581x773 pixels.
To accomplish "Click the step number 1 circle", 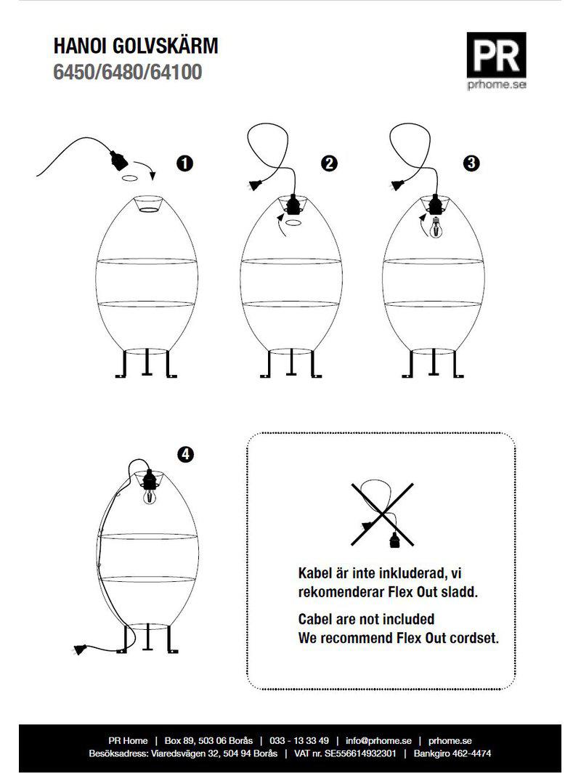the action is click(x=184, y=163).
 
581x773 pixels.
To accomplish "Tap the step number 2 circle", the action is click(x=329, y=163).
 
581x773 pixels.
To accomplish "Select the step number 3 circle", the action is click(x=471, y=163).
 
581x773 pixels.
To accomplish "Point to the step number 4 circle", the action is click(x=185, y=454).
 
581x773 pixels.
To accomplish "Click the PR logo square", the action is click(x=496, y=55).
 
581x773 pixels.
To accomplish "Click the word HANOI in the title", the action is click(x=81, y=46).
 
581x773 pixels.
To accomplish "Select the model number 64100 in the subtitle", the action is click(x=176, y=72).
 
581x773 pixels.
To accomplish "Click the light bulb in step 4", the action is click(x=149, y=496).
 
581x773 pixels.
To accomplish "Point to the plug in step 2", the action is click(x=255, y=185).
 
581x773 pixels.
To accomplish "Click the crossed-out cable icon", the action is click(x=383, y=514).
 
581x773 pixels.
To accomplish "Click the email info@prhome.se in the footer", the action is click(x=378, y=740).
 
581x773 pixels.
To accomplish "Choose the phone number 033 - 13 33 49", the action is click(x=299, y=740).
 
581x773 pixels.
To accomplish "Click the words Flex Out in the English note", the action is click(x=415, y=638).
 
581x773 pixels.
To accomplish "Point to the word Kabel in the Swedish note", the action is click(x=315, y=573).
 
